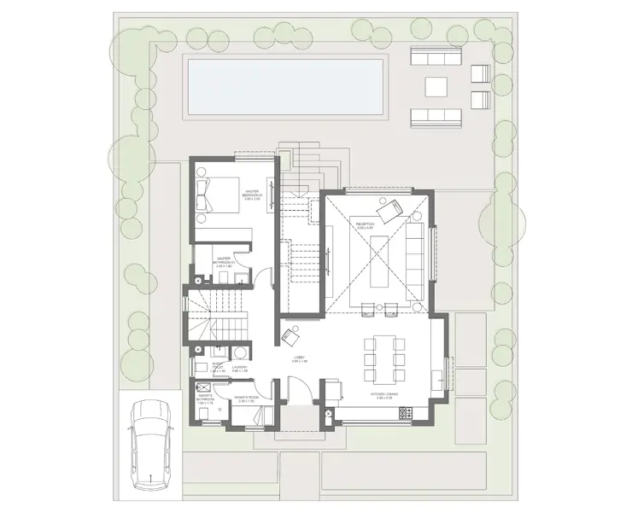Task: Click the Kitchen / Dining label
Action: point(384,395)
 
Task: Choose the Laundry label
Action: point(240,368)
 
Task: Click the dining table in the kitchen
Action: point(383,358)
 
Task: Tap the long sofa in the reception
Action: point(416,260)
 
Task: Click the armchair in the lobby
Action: point(290,331)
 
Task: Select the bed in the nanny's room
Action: point(256,416)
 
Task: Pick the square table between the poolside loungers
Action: point(436,86)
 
